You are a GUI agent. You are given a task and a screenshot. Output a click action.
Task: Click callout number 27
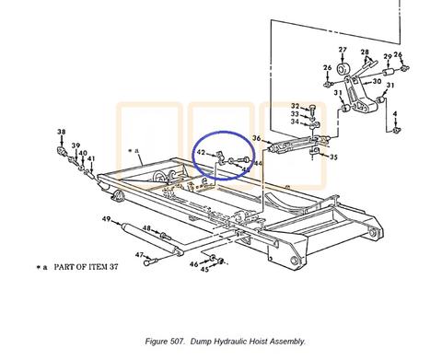point(343,50)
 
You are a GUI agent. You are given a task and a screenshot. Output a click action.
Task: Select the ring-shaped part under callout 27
point(343,69)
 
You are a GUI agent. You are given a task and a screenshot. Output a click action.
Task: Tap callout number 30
point(377,81)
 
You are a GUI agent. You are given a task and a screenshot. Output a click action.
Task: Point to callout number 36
point(257,138)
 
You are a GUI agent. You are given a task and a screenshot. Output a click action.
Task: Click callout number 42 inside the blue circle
point(201,152)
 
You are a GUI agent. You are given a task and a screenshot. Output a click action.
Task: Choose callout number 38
point(62,133)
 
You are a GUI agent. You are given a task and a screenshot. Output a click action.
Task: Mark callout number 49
point(106,219)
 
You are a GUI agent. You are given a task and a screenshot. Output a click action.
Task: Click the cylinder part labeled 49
point(152,238)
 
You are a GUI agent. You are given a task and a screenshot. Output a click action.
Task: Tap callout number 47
point(139,255)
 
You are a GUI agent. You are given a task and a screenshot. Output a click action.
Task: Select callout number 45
point(204,270)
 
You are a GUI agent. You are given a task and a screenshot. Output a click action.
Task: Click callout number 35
point(333,157)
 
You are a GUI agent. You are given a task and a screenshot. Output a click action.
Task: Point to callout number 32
point(295,106)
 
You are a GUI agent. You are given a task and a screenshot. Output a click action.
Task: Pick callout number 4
point(395,114)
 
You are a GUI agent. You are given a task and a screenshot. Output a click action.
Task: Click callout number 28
point(365,52)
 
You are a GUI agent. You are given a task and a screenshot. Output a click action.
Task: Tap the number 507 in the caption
point(178,342)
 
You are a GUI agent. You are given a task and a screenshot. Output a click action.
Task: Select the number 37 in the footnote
point(113,267)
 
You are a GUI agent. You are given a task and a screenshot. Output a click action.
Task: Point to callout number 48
point(146,228)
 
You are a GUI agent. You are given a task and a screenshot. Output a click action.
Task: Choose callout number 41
point(91,159)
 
